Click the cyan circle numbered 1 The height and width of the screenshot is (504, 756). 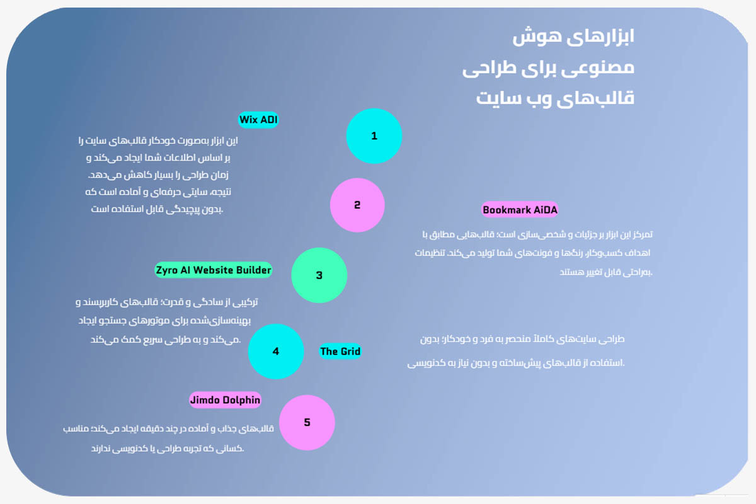374,136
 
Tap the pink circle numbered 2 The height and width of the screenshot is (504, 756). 357,205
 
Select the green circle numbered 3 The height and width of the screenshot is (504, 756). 319,275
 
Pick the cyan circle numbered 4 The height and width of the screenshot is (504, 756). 276,352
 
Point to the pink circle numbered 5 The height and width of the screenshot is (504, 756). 307,423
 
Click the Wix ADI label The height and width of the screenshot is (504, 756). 258,120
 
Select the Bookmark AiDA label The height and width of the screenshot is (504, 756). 520,210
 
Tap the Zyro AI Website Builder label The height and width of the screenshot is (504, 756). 213,270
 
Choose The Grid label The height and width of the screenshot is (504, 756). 340,352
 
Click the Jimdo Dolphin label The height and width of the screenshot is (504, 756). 225,400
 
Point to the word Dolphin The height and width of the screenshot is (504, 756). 241,400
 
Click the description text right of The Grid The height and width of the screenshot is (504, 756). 517,351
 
